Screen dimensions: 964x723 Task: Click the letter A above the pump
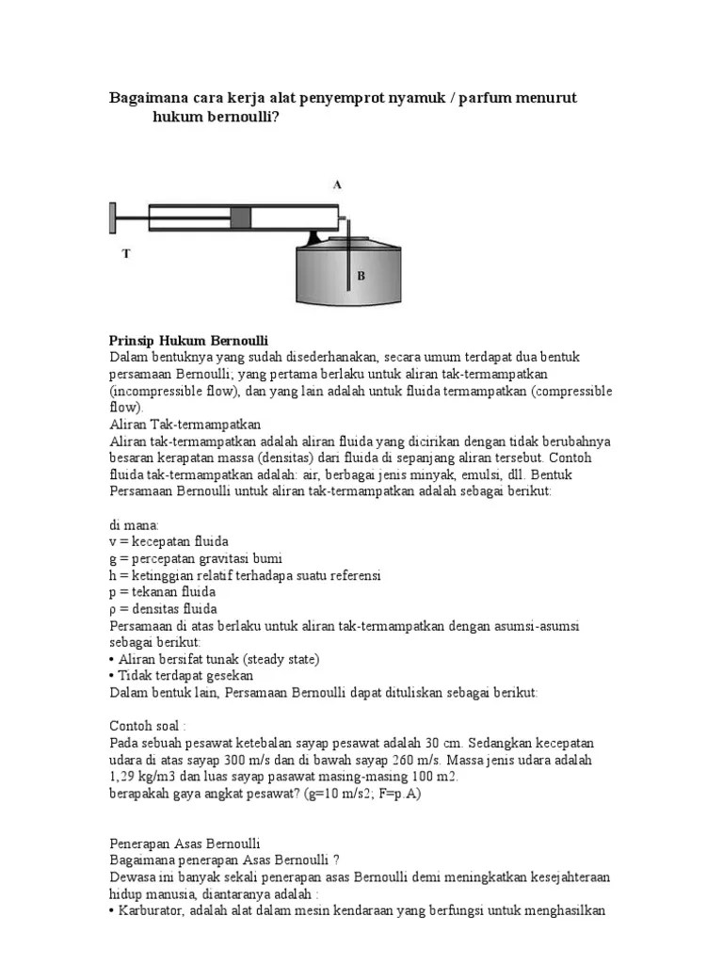click(x=337, y=185)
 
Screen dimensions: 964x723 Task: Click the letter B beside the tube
click(x=361, y=276)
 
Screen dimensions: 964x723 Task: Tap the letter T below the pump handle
click(x=125, y=254)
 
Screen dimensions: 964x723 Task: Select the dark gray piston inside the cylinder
click(x=241, y=217)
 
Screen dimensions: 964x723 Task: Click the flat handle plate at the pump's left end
click(x=112, y=218)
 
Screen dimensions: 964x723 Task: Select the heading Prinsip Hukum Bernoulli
click(x=189, y=340)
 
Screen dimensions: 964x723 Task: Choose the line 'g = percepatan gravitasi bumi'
click(x=196, y=557)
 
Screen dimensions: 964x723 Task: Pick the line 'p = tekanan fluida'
click(x=163, y=591)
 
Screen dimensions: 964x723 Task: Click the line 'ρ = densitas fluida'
click(x=164, y=608)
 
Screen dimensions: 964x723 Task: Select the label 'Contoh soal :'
click(x=149, y=726)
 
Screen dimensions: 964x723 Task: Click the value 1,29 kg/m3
click(x=149, y=777)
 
